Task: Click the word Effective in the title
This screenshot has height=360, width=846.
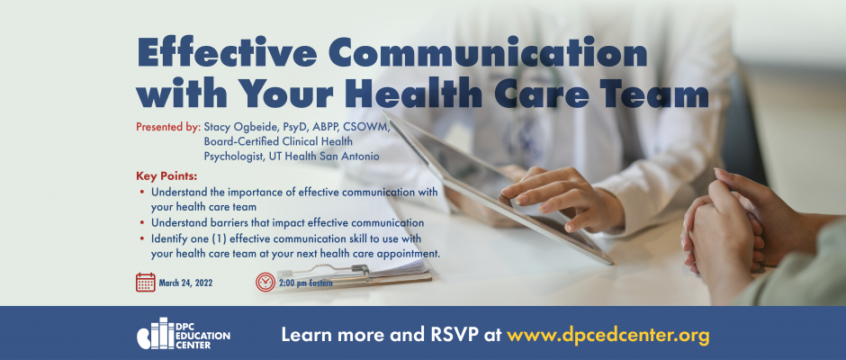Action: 227,53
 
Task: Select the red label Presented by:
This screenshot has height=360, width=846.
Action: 168,128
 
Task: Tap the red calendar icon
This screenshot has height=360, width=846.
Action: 146,283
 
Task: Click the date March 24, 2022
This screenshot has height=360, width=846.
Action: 185,283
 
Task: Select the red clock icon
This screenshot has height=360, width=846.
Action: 265,283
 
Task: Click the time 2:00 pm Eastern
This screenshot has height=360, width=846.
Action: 305,283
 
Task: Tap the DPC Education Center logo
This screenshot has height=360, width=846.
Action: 184,334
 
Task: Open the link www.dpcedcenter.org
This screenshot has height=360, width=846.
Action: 608,335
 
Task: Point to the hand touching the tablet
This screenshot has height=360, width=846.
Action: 561,198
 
